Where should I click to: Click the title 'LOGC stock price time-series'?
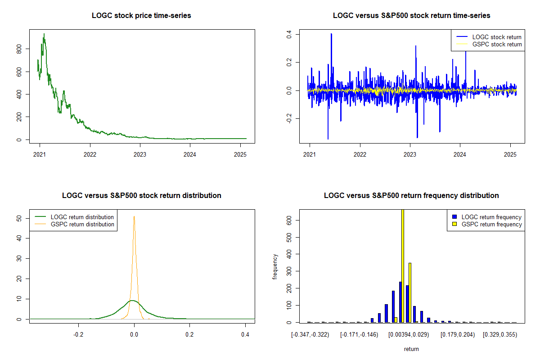(x=141, y=16)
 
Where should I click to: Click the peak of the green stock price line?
(x=44, y=34)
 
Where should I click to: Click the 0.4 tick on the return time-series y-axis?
(x=290, y=34)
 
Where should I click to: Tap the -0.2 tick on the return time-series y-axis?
(x=290, y=118)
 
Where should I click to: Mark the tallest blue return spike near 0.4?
(x=331, y=34)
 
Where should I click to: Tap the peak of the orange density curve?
(x=134, y=216)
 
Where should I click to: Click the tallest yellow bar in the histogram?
(x=403, y=265)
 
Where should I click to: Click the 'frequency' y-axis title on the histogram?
(x=275, y=266)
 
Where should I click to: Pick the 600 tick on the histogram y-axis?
(x=290, y=220)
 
